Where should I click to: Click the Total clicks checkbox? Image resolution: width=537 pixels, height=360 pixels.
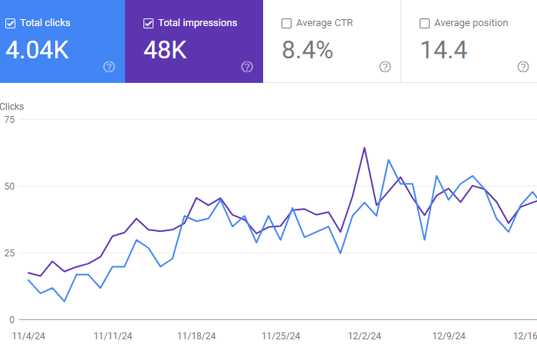coord(10,23)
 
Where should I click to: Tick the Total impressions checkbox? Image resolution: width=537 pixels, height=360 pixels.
coord(149,23)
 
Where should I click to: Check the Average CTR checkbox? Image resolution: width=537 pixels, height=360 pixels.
coord(287,23)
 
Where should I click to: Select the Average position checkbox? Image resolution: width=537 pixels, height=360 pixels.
coord(425,23)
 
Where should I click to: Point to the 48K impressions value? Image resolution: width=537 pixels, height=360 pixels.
coord(166,51)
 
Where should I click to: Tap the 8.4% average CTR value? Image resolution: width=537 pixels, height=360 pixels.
coord(308,51)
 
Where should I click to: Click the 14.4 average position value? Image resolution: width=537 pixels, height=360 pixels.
coord(443,51)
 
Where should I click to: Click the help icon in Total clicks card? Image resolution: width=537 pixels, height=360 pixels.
coord(109,67)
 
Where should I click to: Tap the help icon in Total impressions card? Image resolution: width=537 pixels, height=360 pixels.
coord(247,67)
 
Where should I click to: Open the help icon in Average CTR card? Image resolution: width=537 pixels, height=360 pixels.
coord(385,67)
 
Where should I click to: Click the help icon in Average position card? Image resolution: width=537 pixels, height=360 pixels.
coord(523,67)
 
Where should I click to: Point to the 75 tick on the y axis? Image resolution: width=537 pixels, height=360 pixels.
coord(9,120)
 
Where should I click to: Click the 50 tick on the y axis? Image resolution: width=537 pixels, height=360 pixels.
coord(9,187)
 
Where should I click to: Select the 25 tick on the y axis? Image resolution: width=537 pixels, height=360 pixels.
coord(9,253)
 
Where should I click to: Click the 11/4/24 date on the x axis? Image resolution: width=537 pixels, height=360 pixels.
coord(29,335)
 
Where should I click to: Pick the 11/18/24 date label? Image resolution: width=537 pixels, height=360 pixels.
coord(196,335)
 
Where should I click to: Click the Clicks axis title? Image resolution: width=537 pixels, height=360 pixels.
coord(12,106)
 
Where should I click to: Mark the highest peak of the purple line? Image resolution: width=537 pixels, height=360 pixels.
coord(364,147)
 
